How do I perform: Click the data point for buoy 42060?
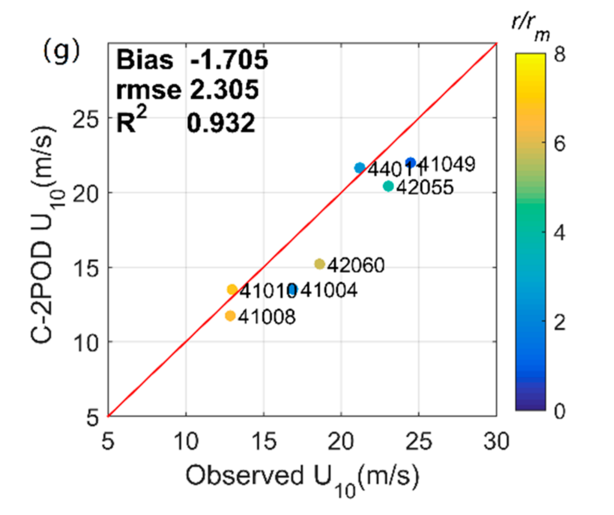[x=320, y=264]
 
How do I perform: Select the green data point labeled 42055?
[x=388, y=186]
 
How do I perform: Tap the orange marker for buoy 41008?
[x=230, y=316]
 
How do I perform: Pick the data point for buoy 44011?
[x=360, y=168]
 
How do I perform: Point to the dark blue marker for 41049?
[x=410, y=162]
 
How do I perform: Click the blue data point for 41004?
[x=292, y=289]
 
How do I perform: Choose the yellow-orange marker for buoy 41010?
[x=232, y=290]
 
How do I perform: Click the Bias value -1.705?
[x=229, y=60]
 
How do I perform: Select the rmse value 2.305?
[x=224, y=90]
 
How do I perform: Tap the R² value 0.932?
[x=221, y=123]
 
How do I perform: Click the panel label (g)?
[x=61, y=50]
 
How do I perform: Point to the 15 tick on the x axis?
[x=263, y=441]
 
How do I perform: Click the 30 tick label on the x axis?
[x=496, y=441]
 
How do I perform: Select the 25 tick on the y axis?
[x=85, y=118]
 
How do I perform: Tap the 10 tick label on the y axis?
[x=85, y=343]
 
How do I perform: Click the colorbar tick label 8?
[x=559, y=54]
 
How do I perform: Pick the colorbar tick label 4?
[x=559, y=233]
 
